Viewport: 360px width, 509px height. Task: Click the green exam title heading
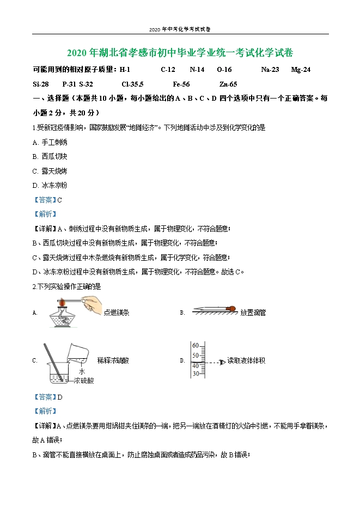(180, 53)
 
